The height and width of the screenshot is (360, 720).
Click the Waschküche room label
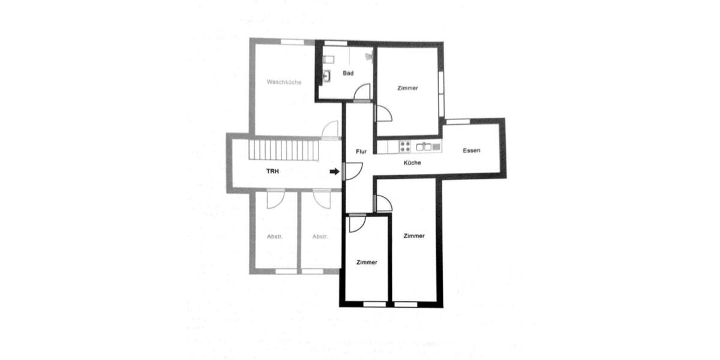pyautogui.click(x=284, y=82)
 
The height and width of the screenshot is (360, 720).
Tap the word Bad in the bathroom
pyautogui.click(x=348, y=73)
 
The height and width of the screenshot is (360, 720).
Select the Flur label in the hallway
pyautogui.click(x=361, y=152)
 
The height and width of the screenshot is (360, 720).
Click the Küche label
pyautogui.click(x=412, y=163)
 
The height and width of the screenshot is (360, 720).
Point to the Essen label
pyautogui.click(x=472, y=151)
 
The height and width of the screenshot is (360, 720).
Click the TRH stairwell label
pyautogui.click(x=273, y=171)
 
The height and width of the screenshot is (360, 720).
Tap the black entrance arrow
pyautogui.click(x=334, y=172)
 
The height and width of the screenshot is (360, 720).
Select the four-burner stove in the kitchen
pyautogui.click(x=404, y=146)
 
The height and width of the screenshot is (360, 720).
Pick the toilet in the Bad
pyautogui.click(x=328, y=59)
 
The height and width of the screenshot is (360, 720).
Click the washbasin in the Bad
pyautogui.click(x=327, y=76)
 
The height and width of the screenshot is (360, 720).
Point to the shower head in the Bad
pyautogui.click(x=369, y=57)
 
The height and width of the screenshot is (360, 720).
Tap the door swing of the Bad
pyautogui.click(x=362, y=94)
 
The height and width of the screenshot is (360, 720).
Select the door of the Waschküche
pyautogui.click(x=330, y=130)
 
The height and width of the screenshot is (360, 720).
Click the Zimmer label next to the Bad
pyautogui.click(x=407, y=88)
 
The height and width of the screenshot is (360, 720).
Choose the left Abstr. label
pyautogui.click(x=275, y=236)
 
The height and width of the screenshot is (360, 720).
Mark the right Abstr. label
pyautogui.click(x=320, y=236)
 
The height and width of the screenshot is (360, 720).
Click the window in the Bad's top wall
pyautogui.click(x=335, y=43)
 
